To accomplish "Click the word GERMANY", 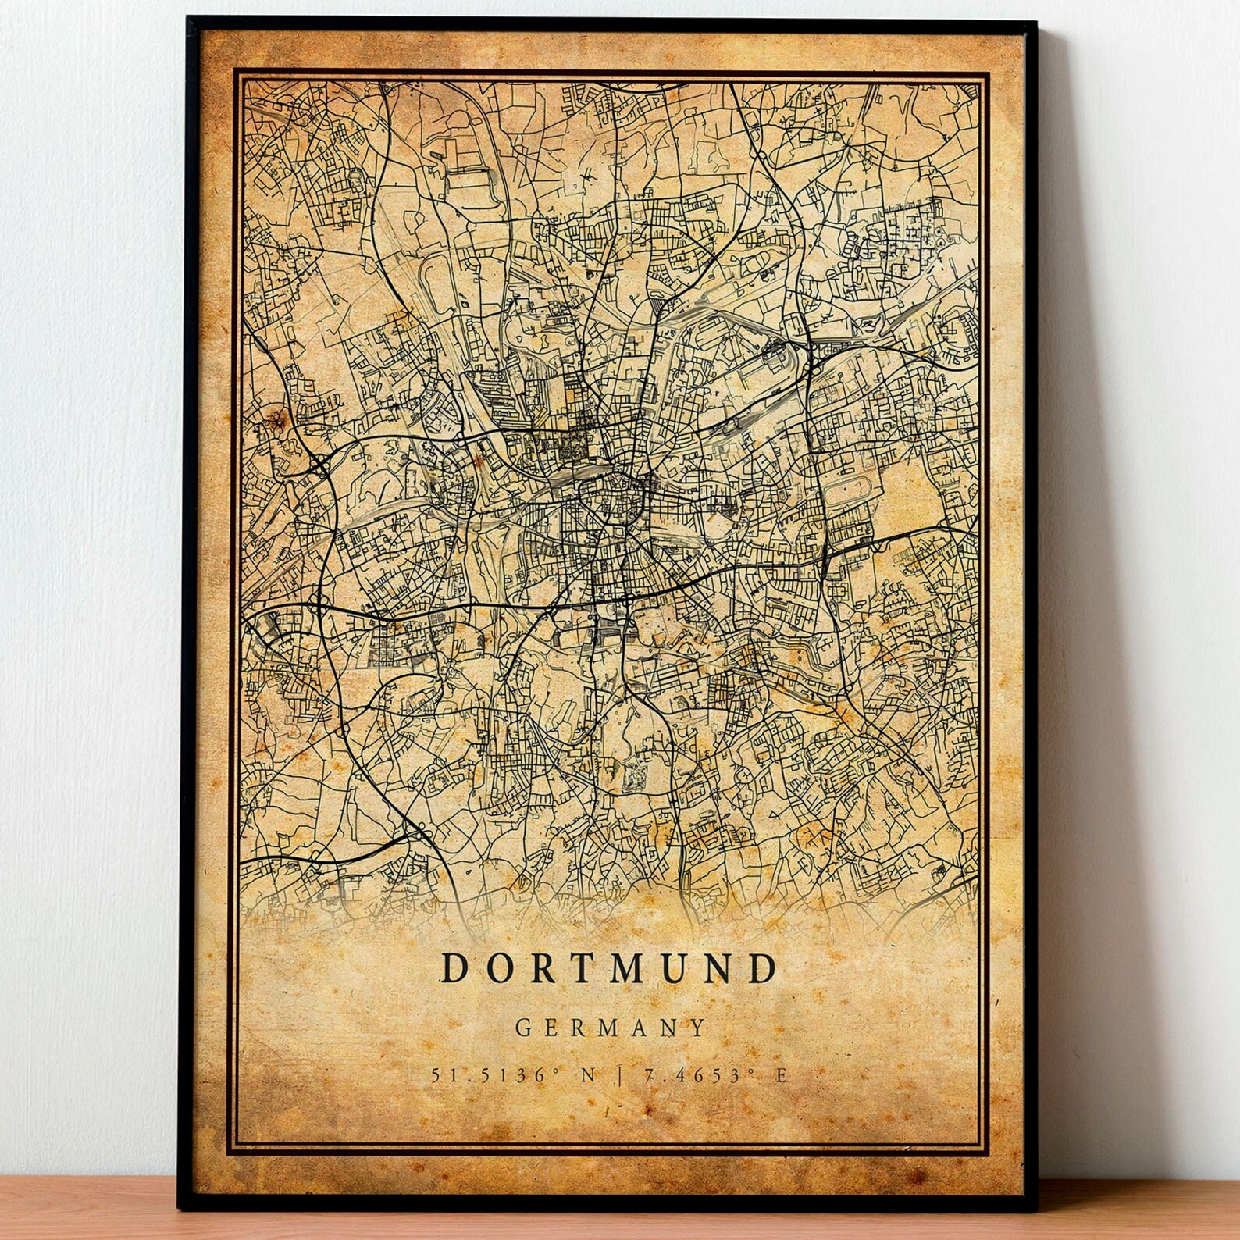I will tap(610, 1027).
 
